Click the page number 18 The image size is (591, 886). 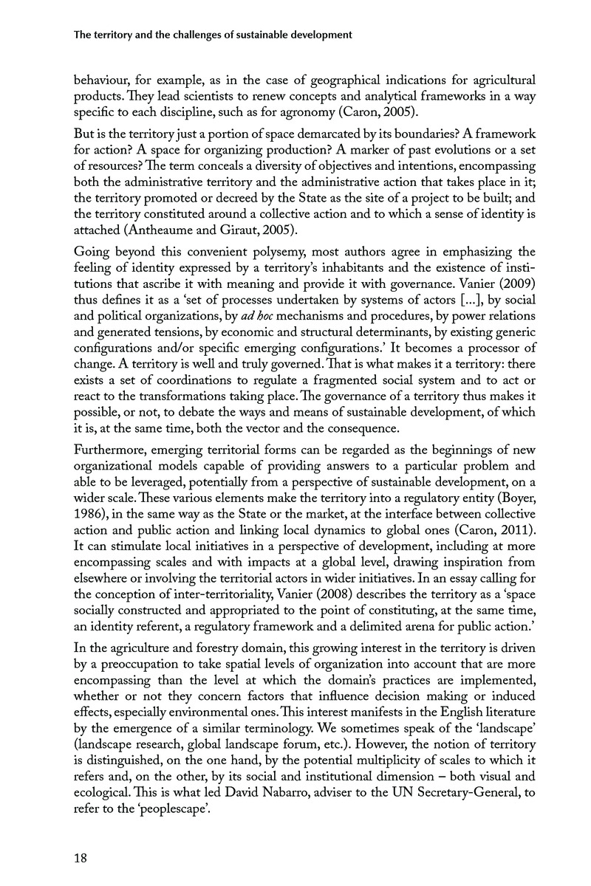(x=81, y=857)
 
